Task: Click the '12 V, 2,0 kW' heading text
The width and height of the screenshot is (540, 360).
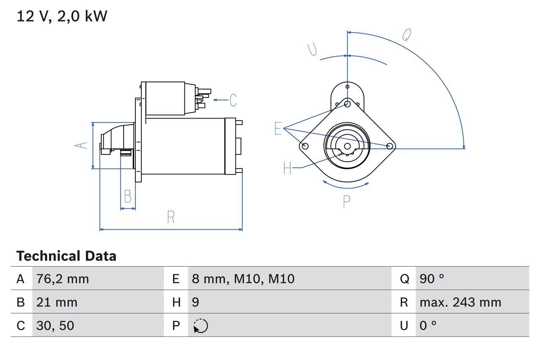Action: click(x=62, y=16)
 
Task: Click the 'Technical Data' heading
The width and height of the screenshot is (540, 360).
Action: click(x=66, y=256)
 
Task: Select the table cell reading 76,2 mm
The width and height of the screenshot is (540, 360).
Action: click(x=62, y=279)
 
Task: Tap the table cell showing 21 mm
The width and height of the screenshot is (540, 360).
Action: click(x=57, y=302)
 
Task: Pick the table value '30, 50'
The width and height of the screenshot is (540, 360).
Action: click(x=55, y=325)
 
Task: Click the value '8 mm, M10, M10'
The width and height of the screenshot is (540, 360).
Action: click(x=243, y=279)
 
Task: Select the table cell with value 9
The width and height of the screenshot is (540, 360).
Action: click(x=195, y=302)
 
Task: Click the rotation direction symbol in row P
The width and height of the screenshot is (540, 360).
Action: click(x=201, y=326)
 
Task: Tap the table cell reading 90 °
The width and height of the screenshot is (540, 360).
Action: click(x=432, y=279)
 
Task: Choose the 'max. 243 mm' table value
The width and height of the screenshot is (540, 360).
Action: click(x=460, y=302)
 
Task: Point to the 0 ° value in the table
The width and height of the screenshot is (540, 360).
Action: click(x=428, y=325)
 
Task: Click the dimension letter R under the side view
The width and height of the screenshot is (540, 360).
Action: click(x=171, y=217)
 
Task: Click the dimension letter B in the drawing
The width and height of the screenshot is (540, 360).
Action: click(x=127, y=196)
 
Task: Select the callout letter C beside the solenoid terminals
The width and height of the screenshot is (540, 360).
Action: click(x=233, y=100)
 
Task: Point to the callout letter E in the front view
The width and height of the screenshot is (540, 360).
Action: click(x=278, y=128)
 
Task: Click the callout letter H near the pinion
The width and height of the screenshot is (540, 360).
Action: click(x=287, y=168)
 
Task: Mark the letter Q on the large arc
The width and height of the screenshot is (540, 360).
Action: click(x=406, y=35)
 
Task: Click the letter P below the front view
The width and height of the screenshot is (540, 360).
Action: click(x=346, y=202)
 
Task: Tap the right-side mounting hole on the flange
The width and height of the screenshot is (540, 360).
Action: click(x=390, y=146)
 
